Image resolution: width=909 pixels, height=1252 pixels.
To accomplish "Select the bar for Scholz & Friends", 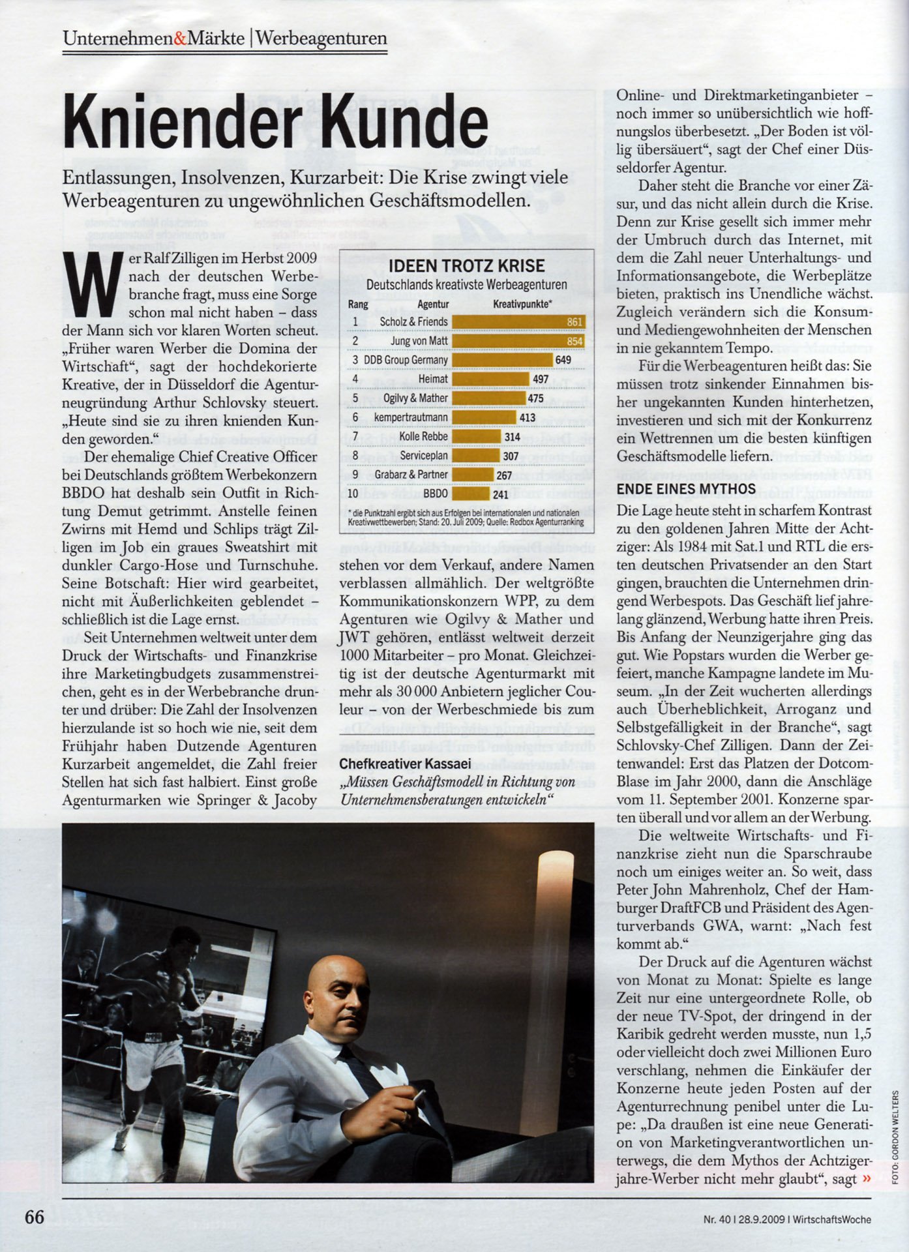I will point(518,321).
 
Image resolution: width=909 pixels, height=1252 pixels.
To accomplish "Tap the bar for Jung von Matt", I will point(518,341).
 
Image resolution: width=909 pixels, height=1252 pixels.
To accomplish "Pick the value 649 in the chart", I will point(563,360).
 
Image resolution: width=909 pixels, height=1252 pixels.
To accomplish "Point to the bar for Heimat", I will point(490,379).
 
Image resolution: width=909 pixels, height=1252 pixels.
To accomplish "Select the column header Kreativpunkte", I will point(522,304).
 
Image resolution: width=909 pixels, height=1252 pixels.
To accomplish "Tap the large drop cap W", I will point(92,286).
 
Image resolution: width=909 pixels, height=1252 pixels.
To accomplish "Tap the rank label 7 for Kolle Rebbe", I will point(355,436).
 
